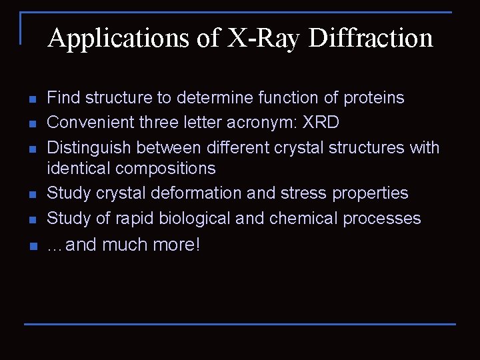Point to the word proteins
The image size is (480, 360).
coord(373,98)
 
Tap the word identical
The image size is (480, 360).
coord(77,168)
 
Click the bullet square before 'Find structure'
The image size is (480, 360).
coord(31,99)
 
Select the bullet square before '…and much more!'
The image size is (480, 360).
coord(31,247)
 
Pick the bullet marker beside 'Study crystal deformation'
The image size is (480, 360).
coord(31,195)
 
